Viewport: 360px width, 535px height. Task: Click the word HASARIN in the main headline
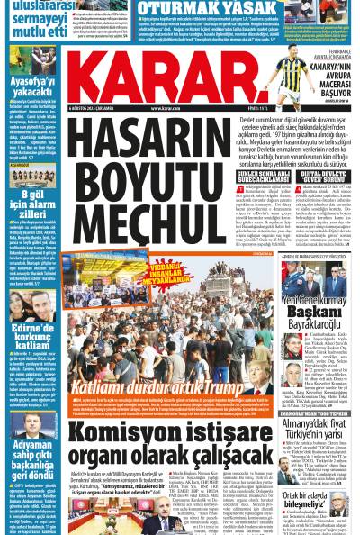131,126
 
